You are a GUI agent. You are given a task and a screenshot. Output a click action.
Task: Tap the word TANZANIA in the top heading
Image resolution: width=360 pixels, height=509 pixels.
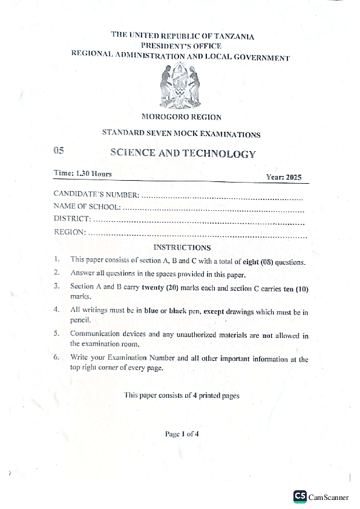[x=234, y=36]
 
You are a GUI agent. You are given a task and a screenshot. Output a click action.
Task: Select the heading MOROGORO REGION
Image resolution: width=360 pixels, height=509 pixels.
[x=181, y=117]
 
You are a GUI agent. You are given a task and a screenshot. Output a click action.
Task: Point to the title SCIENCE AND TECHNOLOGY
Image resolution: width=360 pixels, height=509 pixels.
[x=183, y=154]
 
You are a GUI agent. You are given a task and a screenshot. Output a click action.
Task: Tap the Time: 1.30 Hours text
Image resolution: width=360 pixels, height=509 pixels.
[x=83, y=173]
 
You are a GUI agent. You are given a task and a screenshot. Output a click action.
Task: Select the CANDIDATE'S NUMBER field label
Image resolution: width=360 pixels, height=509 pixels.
[x=97, y=195]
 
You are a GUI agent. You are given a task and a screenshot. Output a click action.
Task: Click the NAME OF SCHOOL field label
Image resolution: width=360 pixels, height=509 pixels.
[x=87, y=207]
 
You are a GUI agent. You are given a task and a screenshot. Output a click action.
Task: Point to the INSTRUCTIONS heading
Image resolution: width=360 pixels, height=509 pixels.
[x=182, y=247]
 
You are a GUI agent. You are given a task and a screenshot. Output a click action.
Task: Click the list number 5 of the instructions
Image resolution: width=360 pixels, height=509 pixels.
[x=56, y=334]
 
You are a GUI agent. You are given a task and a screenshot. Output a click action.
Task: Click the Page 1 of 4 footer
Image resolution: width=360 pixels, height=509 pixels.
[x=182, y=433]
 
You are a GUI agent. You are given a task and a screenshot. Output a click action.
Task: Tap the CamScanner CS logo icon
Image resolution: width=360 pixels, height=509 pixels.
[x=299, y=496]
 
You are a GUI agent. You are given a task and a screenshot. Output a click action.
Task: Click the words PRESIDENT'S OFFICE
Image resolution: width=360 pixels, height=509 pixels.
[x=181, y=46]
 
